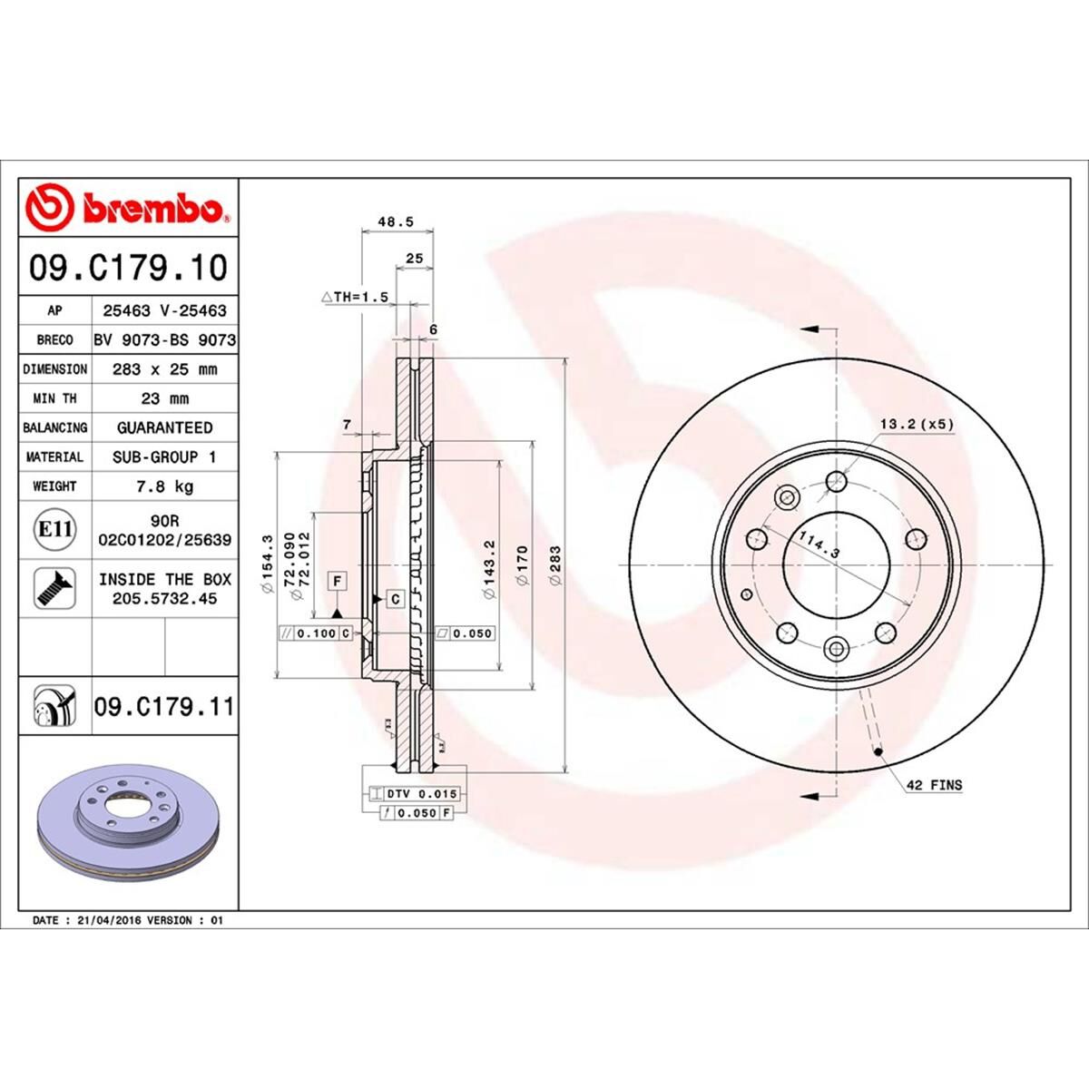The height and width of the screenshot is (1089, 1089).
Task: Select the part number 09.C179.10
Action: coord(128,268)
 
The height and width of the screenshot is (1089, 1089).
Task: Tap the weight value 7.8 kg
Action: coord(164,486)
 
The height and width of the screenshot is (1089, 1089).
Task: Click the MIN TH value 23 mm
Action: coord(164,398)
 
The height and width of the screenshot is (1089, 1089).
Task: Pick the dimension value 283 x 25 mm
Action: coord(164,369)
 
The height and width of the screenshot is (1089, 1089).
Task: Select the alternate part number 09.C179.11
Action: coord(163,706)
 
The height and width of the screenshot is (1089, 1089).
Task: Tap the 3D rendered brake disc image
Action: coord(127,821)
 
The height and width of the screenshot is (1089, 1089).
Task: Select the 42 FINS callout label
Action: coord(934,785)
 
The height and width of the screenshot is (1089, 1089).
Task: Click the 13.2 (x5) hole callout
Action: coord(917,424)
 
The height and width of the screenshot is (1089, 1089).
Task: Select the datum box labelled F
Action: coord(337,579)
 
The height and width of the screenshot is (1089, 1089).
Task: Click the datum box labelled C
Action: coord(396,598)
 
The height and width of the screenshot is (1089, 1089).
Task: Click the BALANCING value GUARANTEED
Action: coord(164,427)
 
